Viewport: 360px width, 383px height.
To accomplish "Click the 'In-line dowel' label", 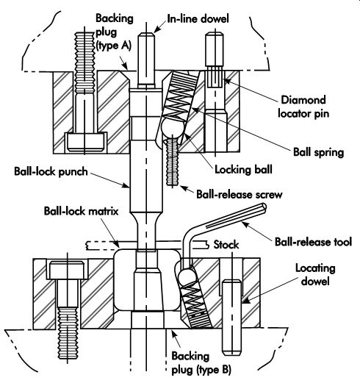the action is (x=198, y=18).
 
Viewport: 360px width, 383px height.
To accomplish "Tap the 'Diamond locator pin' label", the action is (x=303, y=107).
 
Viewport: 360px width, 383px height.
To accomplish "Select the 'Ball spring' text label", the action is (x=319, y=152).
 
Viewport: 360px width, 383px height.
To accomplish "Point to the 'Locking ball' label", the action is (x=243, y=169).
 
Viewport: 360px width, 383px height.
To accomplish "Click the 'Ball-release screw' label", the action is (x=240, y=195).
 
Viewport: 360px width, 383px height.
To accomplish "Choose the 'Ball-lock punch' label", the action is (x=51, y=171).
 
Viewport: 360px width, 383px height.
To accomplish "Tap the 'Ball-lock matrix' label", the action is (x=81, y=211).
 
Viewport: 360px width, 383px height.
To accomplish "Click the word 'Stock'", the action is (x=226, y=245).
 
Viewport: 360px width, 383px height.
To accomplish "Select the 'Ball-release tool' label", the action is (x=313, y=242).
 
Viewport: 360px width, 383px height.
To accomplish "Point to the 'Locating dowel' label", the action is (x=315, y=274).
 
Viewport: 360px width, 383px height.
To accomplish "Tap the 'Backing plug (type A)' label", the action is (x=114, y=32).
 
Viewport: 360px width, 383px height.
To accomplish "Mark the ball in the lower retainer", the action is (x=188, y=275).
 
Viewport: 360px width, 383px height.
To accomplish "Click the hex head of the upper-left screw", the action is (x=85, y=142).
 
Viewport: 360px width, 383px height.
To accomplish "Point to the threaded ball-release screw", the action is (x=173, y=162).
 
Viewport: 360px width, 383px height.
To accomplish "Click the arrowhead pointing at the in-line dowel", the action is (x=157, y=29).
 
